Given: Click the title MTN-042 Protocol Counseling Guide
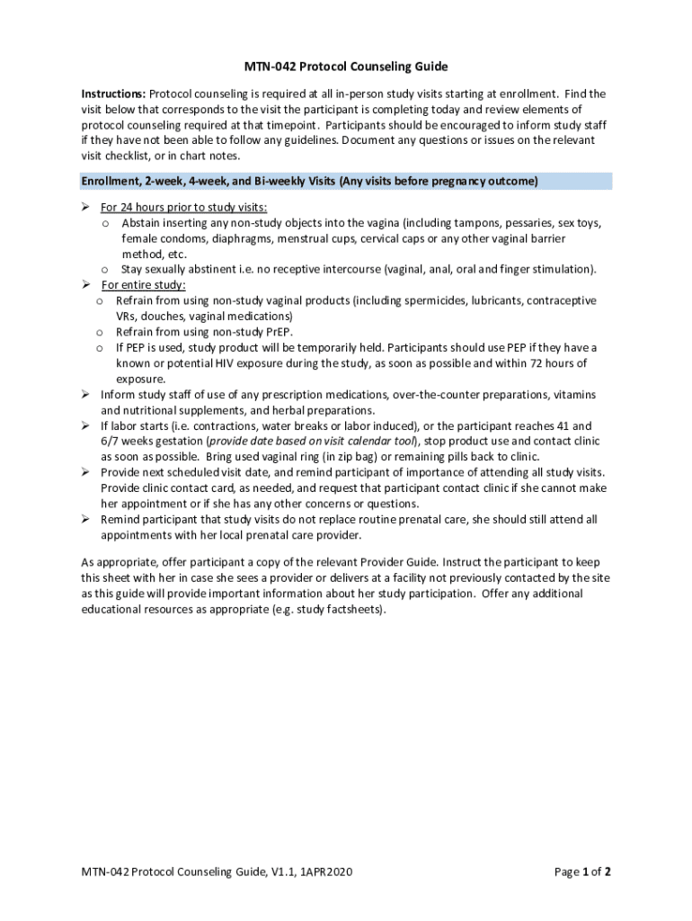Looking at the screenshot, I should tap(346, 67).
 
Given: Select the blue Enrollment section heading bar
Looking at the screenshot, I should tap(346, 182).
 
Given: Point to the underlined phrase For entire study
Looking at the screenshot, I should tap(143, 285).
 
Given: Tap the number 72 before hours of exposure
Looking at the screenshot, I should tap(531, 363).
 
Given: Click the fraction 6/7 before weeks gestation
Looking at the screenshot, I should tap(111, 442).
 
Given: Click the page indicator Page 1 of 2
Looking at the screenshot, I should tap(583, 871).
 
